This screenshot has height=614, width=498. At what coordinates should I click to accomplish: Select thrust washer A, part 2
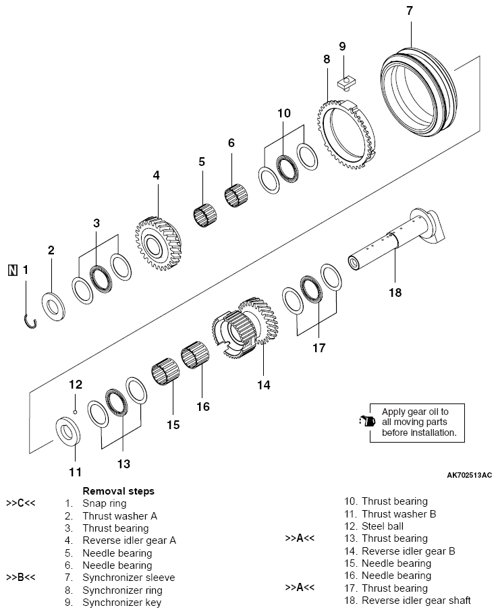(53, 306)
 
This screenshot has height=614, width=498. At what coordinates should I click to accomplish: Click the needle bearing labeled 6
(236, 194)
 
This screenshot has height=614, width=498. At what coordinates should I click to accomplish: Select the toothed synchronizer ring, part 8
(345, 134)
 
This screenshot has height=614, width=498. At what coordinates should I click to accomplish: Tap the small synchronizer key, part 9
(346, 82)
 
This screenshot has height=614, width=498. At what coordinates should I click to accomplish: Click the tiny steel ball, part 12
(76, 411)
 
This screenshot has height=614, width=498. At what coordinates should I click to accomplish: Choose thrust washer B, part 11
(68, 432)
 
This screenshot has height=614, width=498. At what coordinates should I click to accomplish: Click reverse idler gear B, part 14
(246, 327)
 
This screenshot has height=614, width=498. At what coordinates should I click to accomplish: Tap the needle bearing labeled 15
(165, 372)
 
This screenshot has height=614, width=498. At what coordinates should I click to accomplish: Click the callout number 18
(395, 293)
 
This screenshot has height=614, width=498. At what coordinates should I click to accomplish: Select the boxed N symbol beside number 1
(13, 270)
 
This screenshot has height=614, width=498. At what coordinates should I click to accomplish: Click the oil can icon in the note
(367, 421)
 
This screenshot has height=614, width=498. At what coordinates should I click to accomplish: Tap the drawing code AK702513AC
(470, 476)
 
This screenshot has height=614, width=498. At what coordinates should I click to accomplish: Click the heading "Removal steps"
(118, 491)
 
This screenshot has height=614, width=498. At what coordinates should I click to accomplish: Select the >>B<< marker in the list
(21, 577)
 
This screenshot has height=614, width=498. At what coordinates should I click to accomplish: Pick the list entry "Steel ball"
(383, 526)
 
